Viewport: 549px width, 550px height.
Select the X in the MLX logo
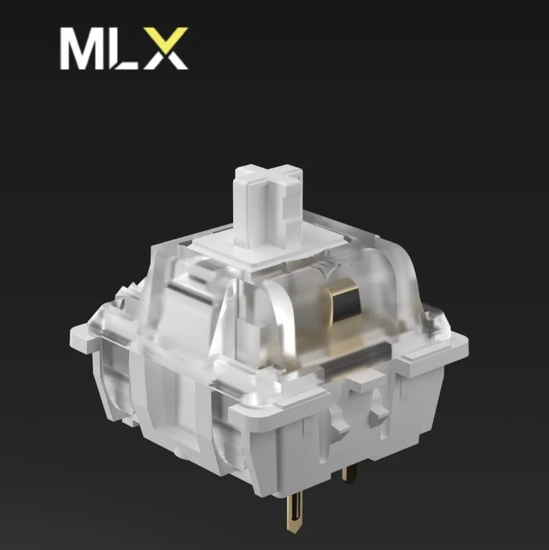(x=165, y=48)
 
